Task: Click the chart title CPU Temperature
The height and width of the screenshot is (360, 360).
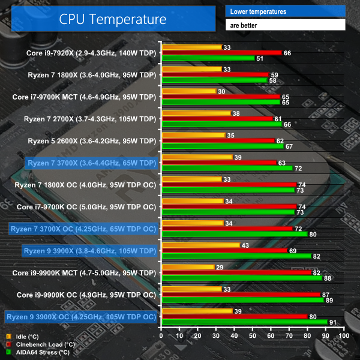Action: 113,19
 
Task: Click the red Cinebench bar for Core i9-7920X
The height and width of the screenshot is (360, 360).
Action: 221,53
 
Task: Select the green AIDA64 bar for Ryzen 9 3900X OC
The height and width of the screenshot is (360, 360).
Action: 244,322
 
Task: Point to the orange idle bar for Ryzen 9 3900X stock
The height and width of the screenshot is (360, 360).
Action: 200,245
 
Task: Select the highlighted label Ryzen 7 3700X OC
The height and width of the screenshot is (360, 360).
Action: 83,229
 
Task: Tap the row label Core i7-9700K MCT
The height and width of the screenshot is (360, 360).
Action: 84,97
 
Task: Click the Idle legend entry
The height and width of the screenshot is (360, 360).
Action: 22,337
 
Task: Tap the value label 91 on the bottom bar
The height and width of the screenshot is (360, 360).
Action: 332,322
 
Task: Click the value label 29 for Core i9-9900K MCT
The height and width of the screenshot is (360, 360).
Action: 219,266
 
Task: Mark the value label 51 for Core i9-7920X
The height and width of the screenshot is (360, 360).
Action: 259,58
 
